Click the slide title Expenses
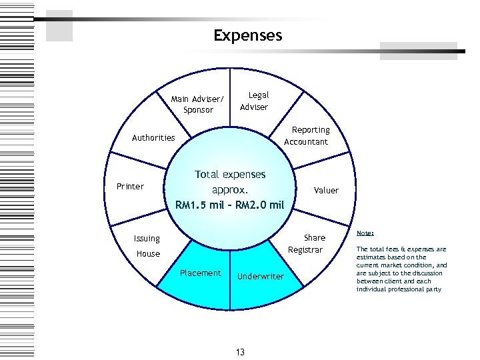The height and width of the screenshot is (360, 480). (248, 35)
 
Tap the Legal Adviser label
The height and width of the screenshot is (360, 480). (254, 101)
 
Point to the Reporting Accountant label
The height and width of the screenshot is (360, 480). (306, 136)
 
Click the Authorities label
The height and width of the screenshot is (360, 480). (153, 138)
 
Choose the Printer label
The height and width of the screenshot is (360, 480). (130, 186)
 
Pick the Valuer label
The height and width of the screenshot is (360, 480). (326, 191)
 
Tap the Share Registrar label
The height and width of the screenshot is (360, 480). (307, 243)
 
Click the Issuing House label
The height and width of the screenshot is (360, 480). (147, 246)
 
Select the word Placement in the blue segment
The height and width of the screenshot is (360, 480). (200, 273)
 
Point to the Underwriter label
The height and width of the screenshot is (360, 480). (261, 277)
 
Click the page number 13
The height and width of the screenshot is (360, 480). (240, 352)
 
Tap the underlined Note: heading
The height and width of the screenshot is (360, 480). (365, 233)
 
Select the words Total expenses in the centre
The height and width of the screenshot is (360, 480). (230, 175)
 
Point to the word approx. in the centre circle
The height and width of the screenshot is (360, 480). (230, 189)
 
